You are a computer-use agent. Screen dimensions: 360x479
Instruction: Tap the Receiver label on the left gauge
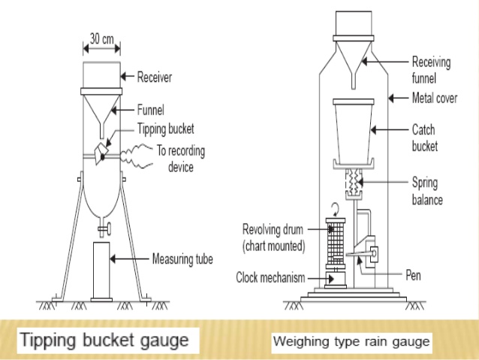coord(155,76)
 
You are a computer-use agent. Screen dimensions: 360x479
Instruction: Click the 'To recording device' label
coord(180,158)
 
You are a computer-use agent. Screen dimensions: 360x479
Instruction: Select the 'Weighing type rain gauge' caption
coord(351,342)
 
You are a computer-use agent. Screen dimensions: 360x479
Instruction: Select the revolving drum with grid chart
coord(334,241)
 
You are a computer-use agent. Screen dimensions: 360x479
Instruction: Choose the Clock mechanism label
coord(270,277)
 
